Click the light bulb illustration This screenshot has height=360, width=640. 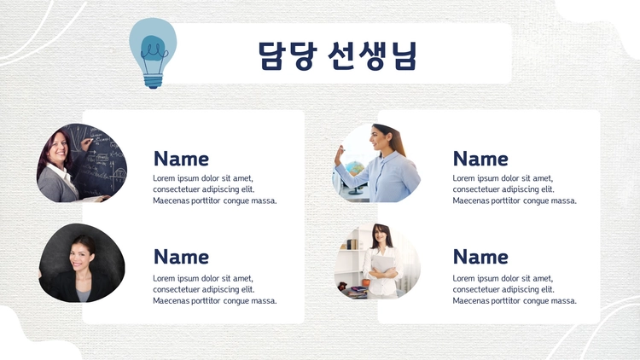click(x=153, y=53)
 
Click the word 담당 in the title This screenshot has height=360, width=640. click(x=288, y=55)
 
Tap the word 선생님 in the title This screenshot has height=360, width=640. click(x=373, y=55)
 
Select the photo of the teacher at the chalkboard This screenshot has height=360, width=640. click(x=82, y=163)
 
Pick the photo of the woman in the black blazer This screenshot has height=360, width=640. click(x=82, y=263)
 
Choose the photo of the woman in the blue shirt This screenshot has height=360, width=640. click(x=376, y=163)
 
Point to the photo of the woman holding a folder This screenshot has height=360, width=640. click(x=377, y=261)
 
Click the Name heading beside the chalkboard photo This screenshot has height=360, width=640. click(x=181, y=159)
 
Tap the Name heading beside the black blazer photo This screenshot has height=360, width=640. click(x=181, y=257)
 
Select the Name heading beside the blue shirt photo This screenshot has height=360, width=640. click(x=480, y=159)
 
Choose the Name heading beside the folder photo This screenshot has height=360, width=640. click(x=480, y=257)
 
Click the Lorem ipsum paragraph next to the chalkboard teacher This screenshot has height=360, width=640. click(x=215, y=189)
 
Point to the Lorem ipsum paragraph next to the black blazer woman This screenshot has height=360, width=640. click(x=215, y=289)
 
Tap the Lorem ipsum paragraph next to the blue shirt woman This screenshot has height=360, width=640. click(x=515, y=189)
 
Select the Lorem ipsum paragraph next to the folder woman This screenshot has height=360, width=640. click(x=515, y=289)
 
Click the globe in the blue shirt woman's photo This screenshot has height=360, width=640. click(x=354, y=168)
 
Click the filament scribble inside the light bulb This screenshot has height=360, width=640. click(x=154, y=52)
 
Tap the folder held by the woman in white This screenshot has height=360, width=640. click(x=382, y=264)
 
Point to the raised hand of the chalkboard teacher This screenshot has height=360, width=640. click(x=86, y=143)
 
